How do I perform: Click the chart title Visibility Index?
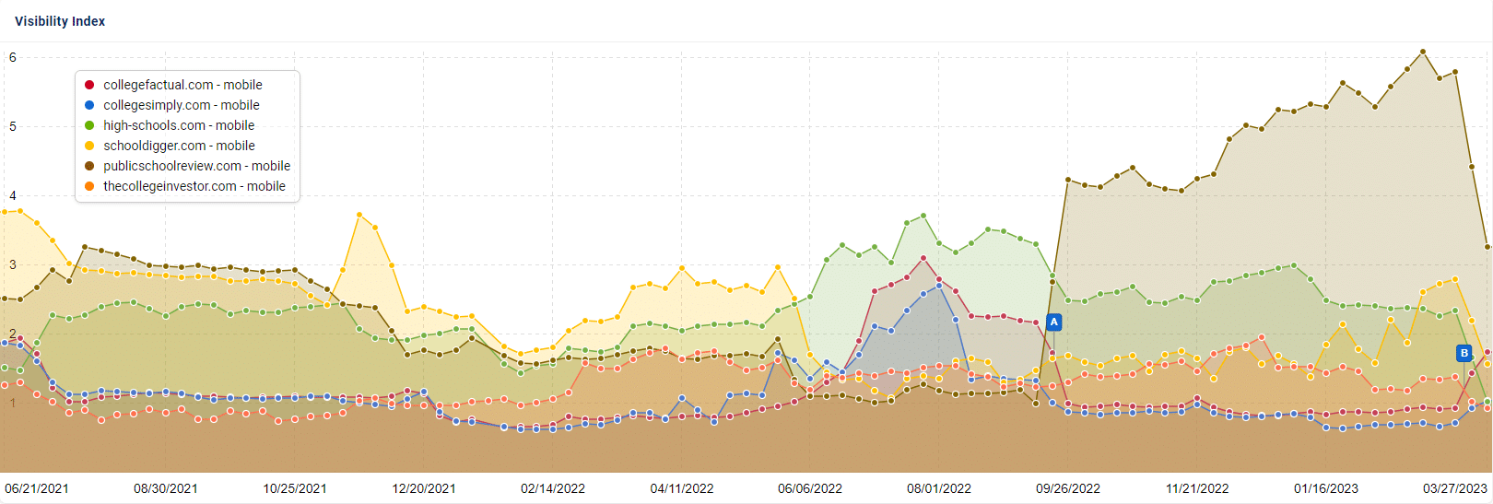60,21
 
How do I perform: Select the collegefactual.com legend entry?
182,85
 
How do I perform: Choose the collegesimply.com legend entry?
181,105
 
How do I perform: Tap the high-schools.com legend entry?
179,125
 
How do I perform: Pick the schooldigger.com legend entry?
179,146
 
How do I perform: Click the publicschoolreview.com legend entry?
196,166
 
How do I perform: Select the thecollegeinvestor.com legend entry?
194,186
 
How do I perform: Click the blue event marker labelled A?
1054,322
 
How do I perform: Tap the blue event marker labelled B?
1464,353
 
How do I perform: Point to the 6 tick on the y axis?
13,57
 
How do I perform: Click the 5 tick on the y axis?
13,126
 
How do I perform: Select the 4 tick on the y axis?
13,195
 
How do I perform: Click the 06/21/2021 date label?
37,488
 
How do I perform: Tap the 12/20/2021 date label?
424,488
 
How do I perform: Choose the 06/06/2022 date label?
810,488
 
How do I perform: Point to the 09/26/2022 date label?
1068,488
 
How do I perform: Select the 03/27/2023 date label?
1454,488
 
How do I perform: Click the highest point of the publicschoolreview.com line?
1423,52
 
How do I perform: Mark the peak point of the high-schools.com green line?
923,216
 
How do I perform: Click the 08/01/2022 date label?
939,488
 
